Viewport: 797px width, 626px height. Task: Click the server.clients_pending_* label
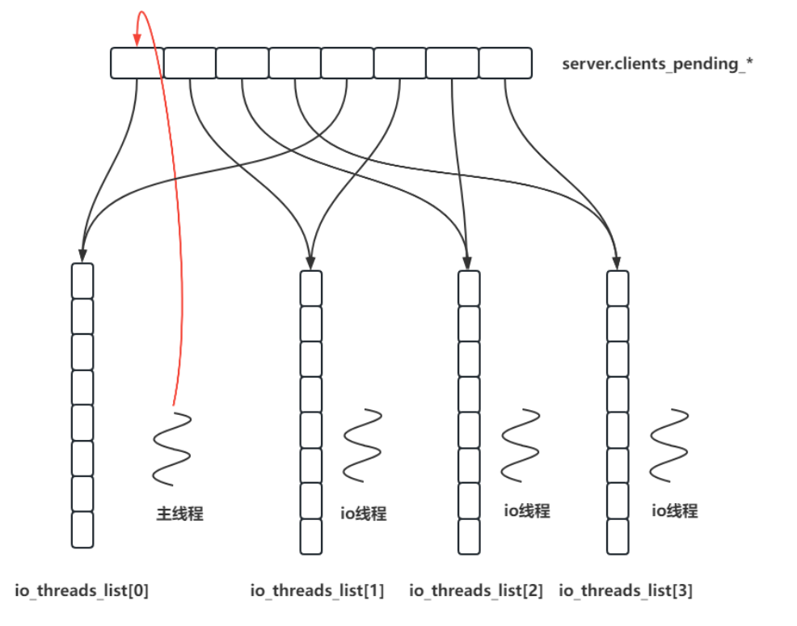coord(657,64)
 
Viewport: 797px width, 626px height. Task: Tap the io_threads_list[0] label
coord(81,591)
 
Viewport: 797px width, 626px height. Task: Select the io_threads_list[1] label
coord(317,591)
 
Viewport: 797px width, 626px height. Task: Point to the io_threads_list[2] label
coord(476,591)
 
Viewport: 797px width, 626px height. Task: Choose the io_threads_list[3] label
coord(626,591)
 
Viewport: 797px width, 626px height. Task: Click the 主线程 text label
coord(179,513)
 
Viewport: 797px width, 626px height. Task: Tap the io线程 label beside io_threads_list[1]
coord(363,513)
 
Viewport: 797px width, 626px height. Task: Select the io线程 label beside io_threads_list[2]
coord(527,510)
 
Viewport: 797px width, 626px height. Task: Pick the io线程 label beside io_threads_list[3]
coord(675,510)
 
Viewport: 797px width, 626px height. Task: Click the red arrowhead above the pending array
coord(137,36)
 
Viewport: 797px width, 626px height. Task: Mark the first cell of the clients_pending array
coord(137,63)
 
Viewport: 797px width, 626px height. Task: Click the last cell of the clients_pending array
coord(505,63)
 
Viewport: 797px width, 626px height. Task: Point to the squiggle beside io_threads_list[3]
coord(669,445)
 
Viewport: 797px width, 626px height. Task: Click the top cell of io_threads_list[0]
coord(82,281)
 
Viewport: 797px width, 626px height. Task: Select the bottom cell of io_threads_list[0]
coord(82,530)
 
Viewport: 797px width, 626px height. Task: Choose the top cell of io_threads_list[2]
coord(469,288)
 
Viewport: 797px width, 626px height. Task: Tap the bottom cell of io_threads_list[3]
coord(618,536)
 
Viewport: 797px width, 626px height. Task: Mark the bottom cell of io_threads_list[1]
coord(311,536)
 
